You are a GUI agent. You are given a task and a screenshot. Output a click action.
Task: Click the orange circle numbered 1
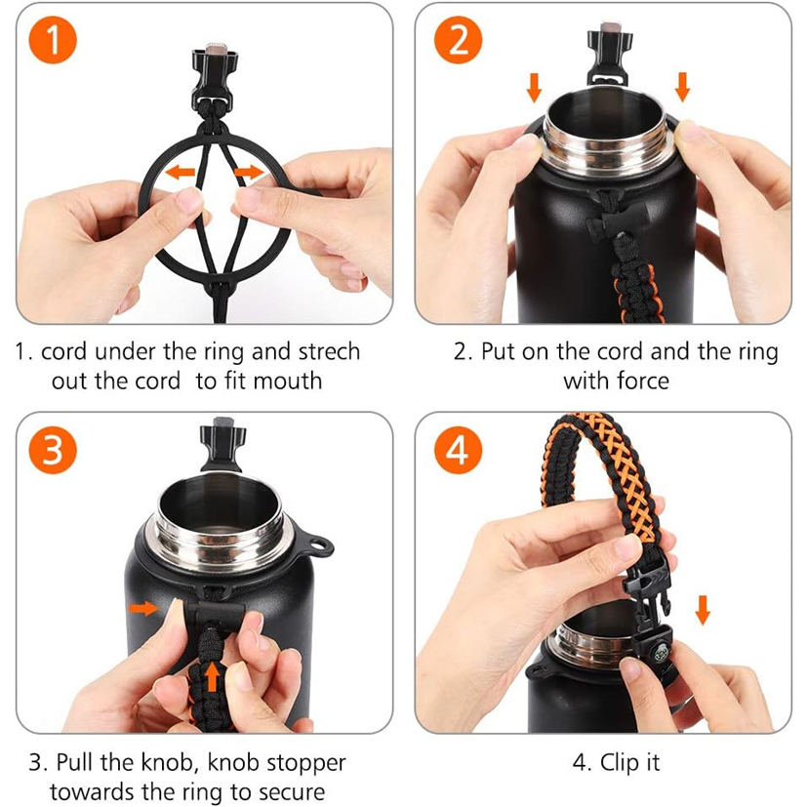pyautogui.click(x=53, y=40)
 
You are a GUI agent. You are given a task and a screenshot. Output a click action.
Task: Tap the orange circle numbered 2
pyautogui.click(x=458, y=40)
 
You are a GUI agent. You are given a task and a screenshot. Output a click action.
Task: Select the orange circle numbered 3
pyautogui.click(x=53, y=450)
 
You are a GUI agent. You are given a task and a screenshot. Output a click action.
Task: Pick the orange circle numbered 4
pyautogui.click(x=458, y=450)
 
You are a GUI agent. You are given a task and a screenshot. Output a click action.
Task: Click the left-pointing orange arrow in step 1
pyautogui.click(x=181, y=172)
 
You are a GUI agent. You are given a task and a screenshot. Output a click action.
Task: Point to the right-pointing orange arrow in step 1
pyautogui.click(x=249, y=172)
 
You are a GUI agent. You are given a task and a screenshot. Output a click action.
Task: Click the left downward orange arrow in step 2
pyautogui.click(x=534, y=87)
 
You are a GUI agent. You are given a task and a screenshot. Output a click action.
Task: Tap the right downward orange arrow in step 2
pyautogui.click(x=682, y=87)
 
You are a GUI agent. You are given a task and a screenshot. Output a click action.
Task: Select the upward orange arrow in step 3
pyautogui.click(x=212, y=676)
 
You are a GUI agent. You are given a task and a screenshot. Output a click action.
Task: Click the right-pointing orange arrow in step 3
pyautogui.click(x=143, y=608)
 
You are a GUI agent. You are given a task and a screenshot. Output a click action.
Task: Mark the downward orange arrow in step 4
pyautogui.click(x=703, y=610)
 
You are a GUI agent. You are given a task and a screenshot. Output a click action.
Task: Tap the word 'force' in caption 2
pyautogui.click(x=643, y=382)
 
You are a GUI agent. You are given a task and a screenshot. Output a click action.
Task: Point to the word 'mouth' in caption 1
pyautogui.click(x=288, y=382)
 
